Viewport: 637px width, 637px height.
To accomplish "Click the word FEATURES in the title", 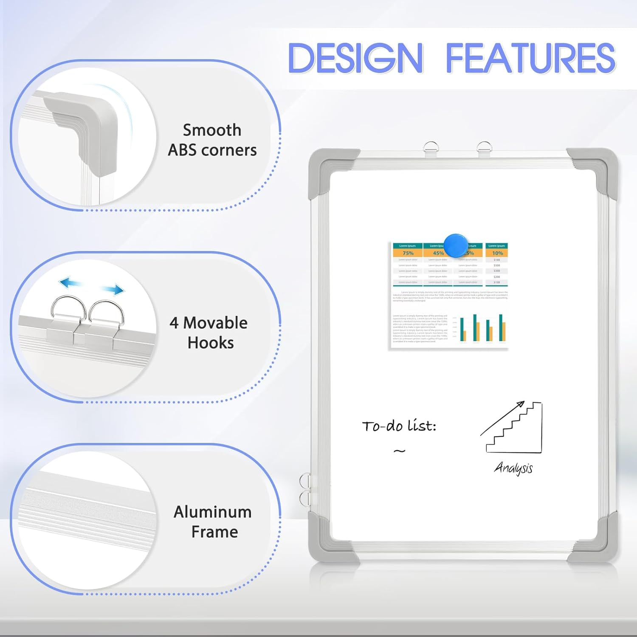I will coord(530,58).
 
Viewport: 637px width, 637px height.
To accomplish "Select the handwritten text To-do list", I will coord(399,426).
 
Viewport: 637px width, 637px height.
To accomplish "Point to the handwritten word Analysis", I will coord(513,468).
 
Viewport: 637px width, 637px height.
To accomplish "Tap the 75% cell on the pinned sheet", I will coord(408,253).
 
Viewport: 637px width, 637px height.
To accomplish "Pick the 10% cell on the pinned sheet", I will coord(497,253).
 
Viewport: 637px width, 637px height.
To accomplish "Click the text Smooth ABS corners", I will coord(212,140).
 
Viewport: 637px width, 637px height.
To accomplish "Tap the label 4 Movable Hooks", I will coord(209,333).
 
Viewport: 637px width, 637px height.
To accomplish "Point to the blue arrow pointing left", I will coord(70,282).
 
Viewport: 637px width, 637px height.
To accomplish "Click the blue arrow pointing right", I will coord(113,290).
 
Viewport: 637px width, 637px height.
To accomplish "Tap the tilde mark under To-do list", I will coord(399,451).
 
